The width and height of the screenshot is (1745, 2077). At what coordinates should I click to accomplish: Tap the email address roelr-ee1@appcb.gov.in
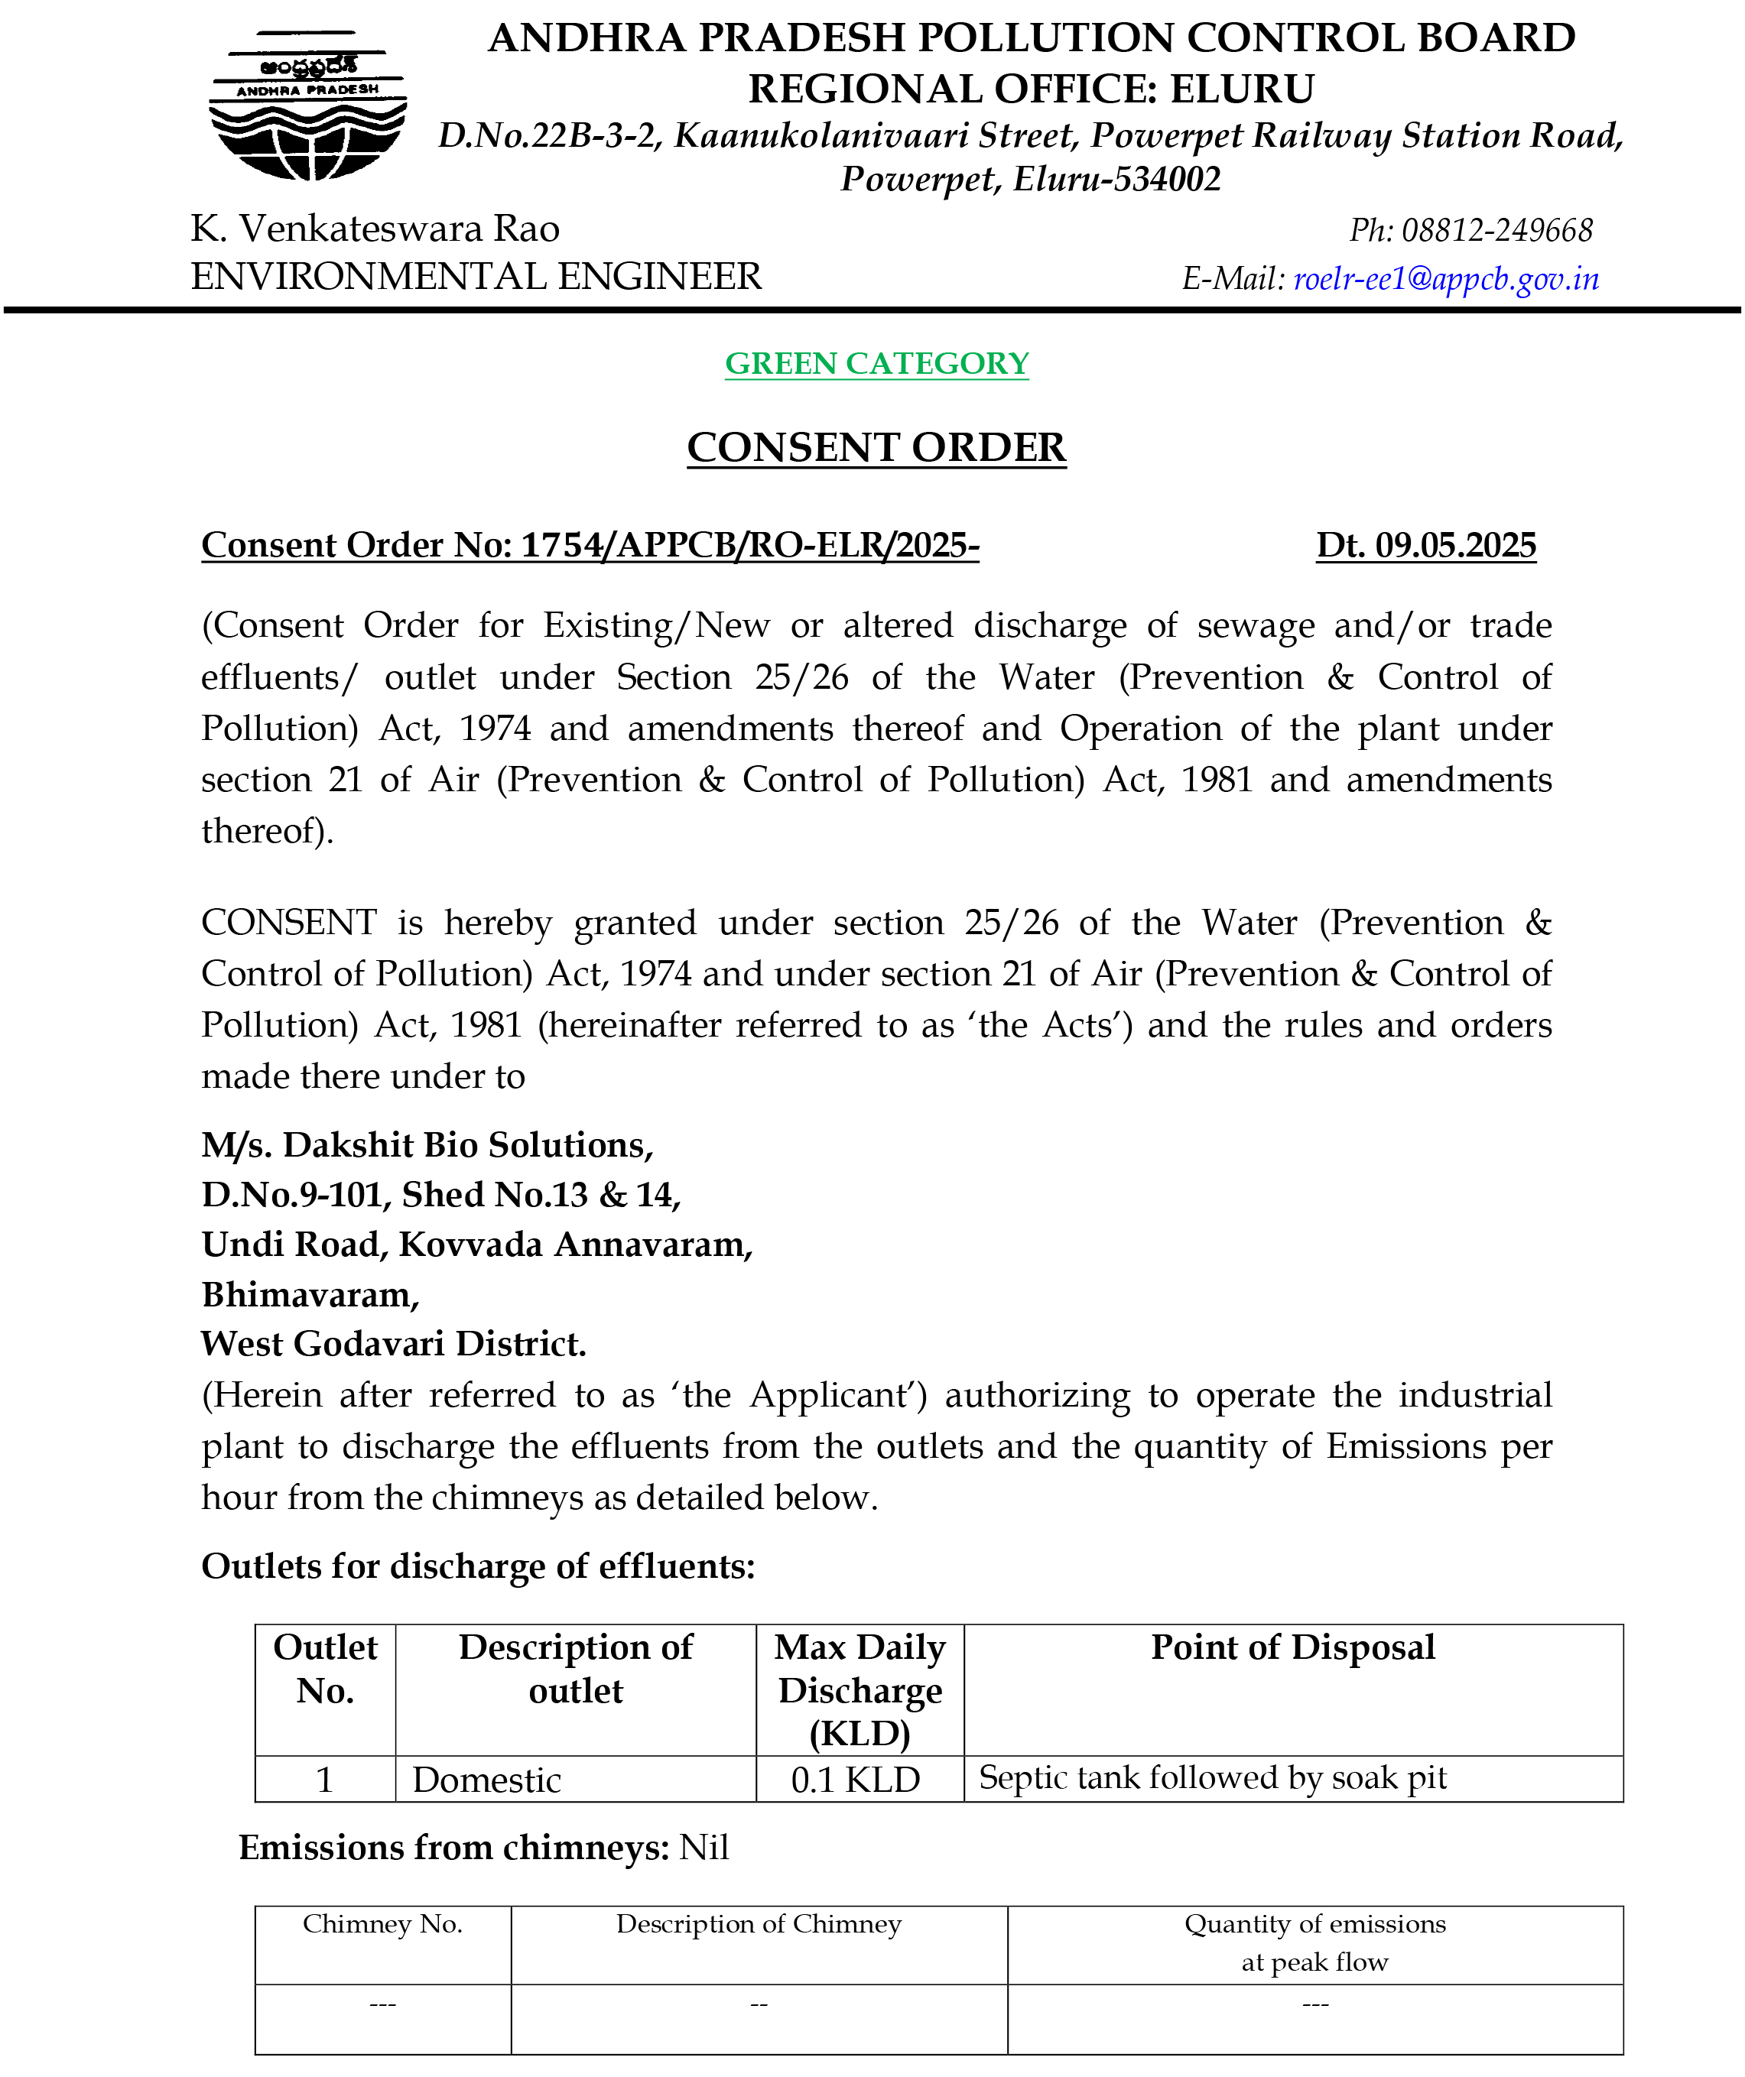tap(1445, 279)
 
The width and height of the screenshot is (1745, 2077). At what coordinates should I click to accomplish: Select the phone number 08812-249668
tap(1496, 230)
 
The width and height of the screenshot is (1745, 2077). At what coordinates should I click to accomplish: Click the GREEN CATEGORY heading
tap(876, 364)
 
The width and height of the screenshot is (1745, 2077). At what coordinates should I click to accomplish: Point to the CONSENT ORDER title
tap(876, 448)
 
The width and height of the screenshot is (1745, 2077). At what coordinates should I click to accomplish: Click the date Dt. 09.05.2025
tap(1425, 545)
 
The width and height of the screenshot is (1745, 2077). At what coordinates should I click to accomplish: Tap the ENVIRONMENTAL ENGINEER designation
tap(476, 277)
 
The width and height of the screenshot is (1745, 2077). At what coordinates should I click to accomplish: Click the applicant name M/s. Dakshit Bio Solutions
tap(427, 1144)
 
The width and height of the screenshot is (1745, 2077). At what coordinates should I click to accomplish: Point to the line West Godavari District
tap(394, 1343)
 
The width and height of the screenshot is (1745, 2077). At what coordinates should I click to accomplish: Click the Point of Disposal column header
tap(1293, 1647)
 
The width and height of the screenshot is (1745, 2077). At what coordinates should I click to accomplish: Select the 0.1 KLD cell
tap(856, 1780)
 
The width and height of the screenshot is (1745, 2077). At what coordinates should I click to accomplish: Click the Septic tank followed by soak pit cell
tap(1213, 1777)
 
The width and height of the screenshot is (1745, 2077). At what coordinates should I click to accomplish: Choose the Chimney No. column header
tap(383, 1923)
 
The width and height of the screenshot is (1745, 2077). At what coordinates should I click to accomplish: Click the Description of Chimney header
tap(759, 1923)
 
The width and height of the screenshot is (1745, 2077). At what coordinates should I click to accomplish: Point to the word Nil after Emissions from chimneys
tap(704, 1848)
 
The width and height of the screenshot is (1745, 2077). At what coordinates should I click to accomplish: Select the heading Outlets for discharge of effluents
tap(478, 1566)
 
